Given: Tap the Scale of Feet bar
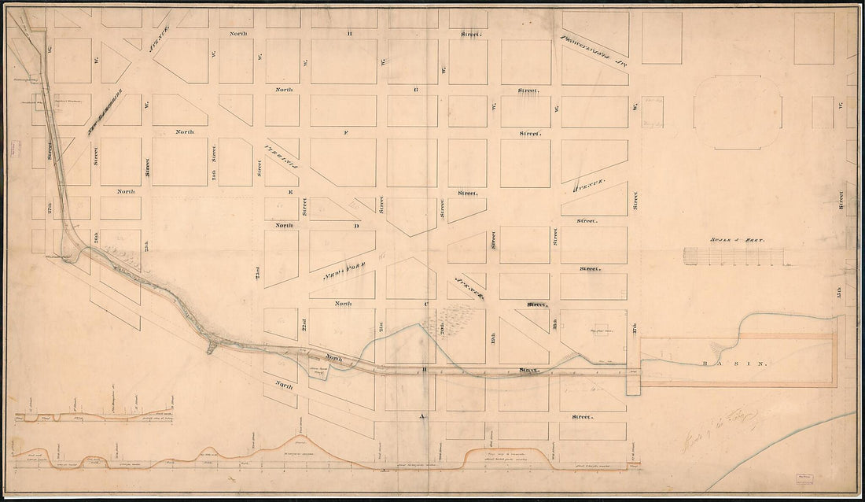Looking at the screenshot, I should coord(734,256).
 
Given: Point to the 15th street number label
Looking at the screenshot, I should coord(841,299).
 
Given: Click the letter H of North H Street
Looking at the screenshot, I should coord(350,35).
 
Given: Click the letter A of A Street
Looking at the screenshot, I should coord(422,416).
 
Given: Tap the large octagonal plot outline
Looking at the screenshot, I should coord(738,112).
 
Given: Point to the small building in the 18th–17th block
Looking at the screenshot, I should coord(602,330).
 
